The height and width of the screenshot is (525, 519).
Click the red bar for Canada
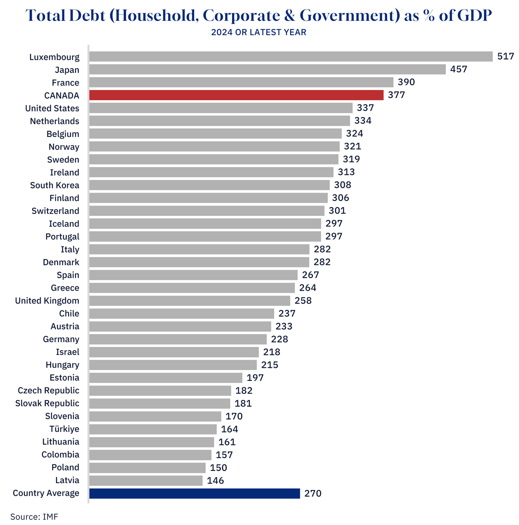[236, 95]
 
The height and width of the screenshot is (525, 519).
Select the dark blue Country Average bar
[195, 494]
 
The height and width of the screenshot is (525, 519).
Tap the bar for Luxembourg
[291, 57]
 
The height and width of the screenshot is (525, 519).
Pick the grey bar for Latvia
[146, 481]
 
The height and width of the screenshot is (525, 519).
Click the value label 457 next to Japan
[459, 69]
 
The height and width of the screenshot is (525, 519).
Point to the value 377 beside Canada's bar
[396, 95]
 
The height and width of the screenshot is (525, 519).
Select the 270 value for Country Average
[313, 494]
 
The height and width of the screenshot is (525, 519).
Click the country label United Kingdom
[47, 301]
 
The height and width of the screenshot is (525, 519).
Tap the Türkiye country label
[64, 429]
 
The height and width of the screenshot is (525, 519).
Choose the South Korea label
[54, 185]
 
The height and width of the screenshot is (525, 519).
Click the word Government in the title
[350, 16]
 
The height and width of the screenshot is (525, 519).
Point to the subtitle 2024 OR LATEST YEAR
[259, 32]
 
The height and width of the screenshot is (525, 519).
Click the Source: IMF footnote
[34, 517]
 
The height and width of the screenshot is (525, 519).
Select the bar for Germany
[178, 339]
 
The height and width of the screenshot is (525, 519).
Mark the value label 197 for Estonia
[255, 378]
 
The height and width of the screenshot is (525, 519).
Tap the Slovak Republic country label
[47, 403]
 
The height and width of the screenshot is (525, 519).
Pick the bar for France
[241, 82]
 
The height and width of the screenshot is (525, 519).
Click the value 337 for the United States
[365, 108]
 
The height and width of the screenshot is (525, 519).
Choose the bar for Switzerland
[207, 211]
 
